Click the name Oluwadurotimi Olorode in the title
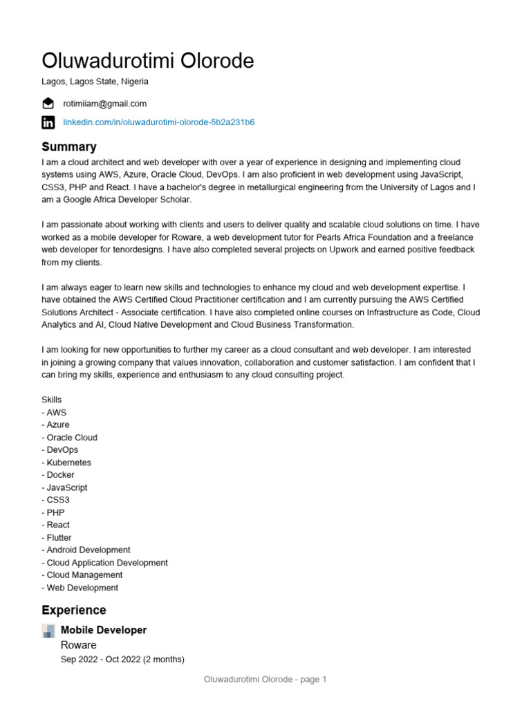[x=148, y=61]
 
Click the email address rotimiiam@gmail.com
[x=105, y=104]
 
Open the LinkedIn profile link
[x=159, y=122]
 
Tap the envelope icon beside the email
[x=48, y=104]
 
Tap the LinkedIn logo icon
[x=48, y=122]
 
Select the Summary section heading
[x=69, y=147]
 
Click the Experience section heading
[x=74, y=610]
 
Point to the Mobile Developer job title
[x=104, y=630]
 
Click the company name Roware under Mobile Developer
[x=79, y=645]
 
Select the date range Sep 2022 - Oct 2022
[x=122, y=660]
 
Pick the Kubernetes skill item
[x=66, y=463]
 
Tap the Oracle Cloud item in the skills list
[x=70, y=438]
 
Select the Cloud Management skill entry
[x=82, y=575]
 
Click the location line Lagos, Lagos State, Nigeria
[x=95, y=82]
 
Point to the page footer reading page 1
[x=265, y=680]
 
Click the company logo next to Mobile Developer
[x=48, y=631]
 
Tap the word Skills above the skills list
[x=52, y=400]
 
